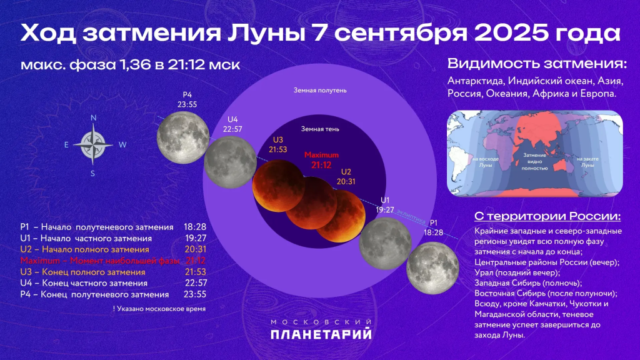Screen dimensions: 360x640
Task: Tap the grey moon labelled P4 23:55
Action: coord(182,137)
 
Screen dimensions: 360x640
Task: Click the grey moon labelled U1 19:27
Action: coord(385,243)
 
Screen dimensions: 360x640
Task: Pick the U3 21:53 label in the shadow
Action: coord(278,145)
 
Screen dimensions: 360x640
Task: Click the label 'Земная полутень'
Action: coord(320,90)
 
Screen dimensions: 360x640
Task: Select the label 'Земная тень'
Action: coord(320,129)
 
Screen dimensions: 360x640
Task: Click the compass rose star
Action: coord(92,144)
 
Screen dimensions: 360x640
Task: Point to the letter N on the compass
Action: coord(93,117)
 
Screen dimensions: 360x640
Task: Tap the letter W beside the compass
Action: coord(122,144)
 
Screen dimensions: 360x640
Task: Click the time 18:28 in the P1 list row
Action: coord(195,226)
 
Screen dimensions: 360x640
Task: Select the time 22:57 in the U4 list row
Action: coord(195,283)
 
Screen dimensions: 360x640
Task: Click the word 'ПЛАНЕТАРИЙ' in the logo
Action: coord(321,334)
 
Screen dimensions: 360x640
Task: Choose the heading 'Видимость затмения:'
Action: coord(537,64)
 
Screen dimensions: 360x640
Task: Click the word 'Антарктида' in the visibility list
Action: coord(476,81)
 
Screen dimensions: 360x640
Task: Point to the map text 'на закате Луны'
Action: coord(587,162)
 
